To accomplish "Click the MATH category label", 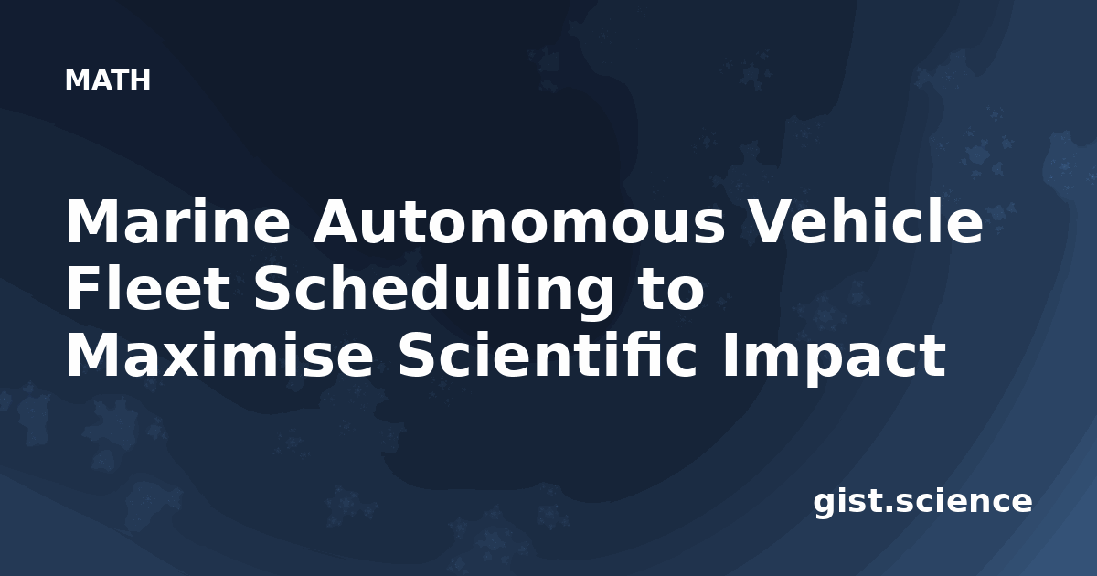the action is click(x=108, y=80).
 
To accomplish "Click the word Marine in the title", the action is click(x=178, y=221).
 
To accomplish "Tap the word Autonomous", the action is click(x=519, y=222).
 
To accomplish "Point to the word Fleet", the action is click(x=148, y=289).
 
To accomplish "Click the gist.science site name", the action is click(x=922, y=503).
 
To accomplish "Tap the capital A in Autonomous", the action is click(x=339, y=221).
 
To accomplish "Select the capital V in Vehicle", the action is click(x=772, y=221).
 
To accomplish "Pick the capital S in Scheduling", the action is click(x=272, y=289).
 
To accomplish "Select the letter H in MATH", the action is click(x=140, y=80).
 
